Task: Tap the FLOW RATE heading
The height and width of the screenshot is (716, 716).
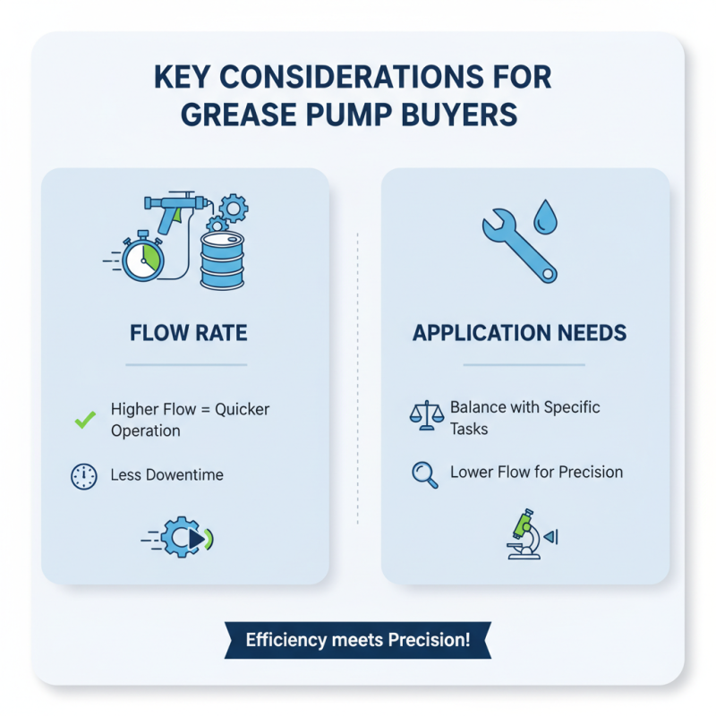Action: click(x=188, y=334)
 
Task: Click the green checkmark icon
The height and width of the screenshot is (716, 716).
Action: click(x=85, y=419)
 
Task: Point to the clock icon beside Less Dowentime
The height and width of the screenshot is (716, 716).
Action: click(x=83, y=476)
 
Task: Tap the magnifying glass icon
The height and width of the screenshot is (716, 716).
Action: click(x=424, y=474)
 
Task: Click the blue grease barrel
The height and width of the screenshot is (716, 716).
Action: click(x=222, y=260)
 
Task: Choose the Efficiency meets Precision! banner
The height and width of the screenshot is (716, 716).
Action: click(x=358, y=640)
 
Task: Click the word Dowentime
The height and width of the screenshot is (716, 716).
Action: click(x=184, y=475)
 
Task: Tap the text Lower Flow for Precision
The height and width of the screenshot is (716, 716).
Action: click(x=536, y=472)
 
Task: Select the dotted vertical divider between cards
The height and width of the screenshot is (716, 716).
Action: click(x=357, y=376)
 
